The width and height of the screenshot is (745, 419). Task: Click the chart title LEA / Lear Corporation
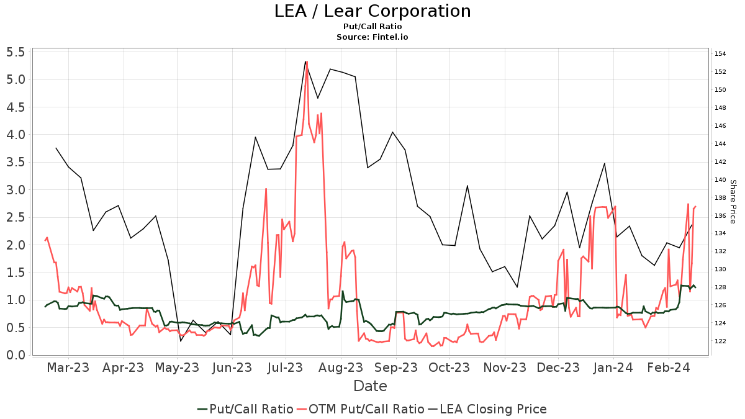click(372, 11)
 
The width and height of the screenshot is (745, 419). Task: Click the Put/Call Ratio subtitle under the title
click(372, 27)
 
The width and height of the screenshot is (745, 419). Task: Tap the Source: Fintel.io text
click(372, 37)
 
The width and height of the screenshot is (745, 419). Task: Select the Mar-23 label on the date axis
click(68, 368)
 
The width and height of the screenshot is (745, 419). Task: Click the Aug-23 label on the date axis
click(341, 368)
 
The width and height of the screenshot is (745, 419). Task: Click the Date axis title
click(370, 386)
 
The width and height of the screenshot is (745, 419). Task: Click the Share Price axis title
click(733, 201)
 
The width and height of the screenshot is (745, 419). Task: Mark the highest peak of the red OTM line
click(307, 61)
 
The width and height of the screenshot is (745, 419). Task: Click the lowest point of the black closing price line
click(181, 341)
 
